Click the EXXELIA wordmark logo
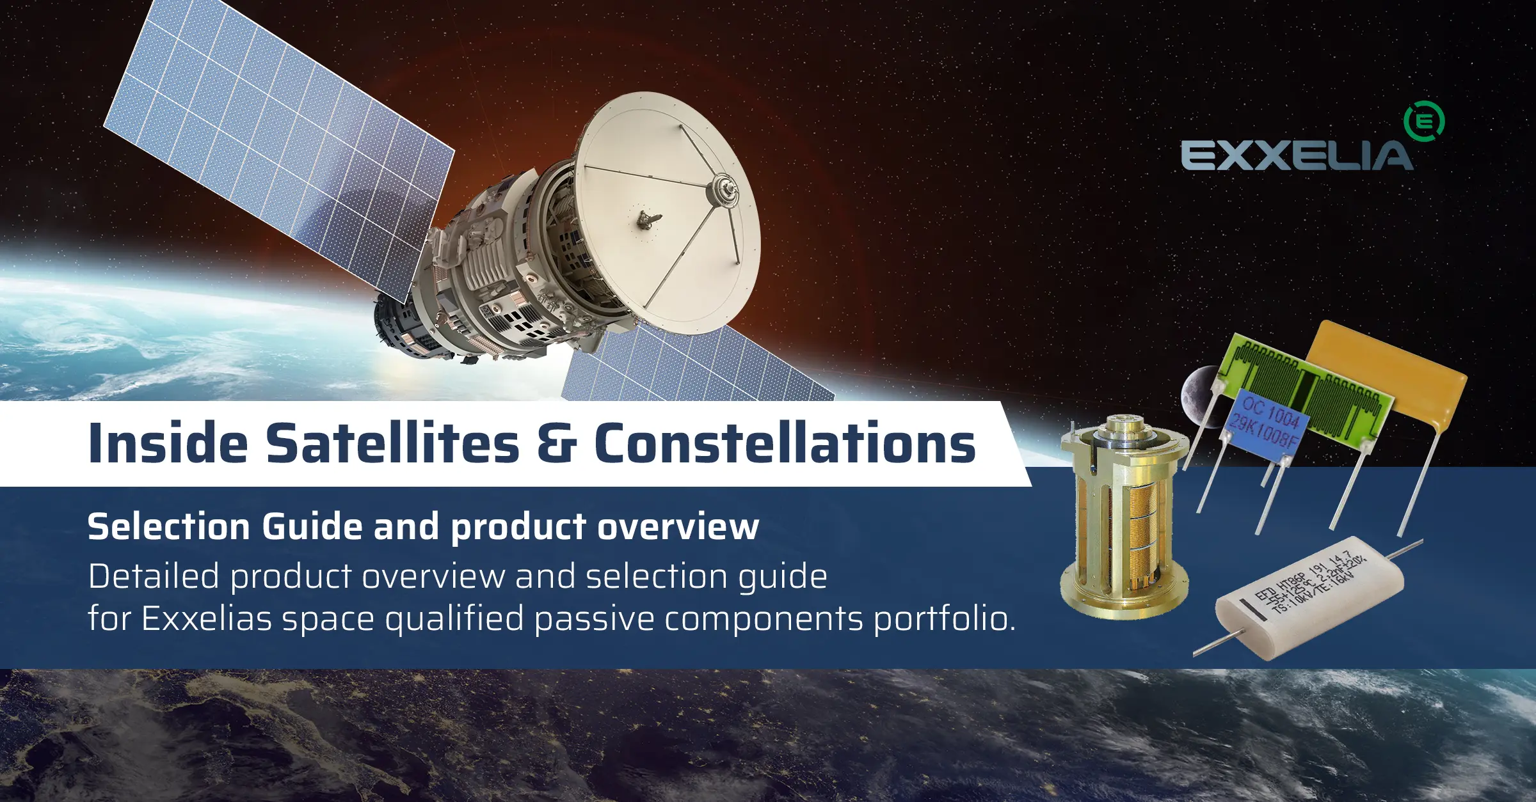[x=1296, y=155]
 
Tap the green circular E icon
[x=1423, y=121]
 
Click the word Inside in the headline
[x=168, y=443]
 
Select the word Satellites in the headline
[x=392, y=443]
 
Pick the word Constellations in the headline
[x=785, y=443]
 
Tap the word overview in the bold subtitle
[x=678, y=527]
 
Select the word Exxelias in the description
[x=207, y=618]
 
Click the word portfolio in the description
[x=943, y=618]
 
